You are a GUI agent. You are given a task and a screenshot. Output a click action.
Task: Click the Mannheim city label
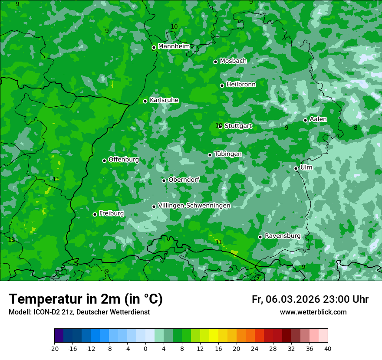(x=174, y=46)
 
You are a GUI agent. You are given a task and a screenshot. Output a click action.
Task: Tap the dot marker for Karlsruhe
(x=145, y=101)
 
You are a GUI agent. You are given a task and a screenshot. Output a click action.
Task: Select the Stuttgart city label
(x=238, y=126)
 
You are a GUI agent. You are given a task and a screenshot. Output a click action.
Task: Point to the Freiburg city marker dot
(x=95, y=214)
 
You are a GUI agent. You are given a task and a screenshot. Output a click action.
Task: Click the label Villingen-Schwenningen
(x=194, y=206)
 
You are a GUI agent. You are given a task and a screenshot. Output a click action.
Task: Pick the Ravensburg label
(x=283, y=236)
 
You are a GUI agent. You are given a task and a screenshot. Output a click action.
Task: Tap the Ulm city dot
(x=296, y=168)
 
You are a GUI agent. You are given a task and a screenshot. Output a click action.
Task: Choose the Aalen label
(x=318, y=119)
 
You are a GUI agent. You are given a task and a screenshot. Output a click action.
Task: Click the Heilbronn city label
(x=241, y=85)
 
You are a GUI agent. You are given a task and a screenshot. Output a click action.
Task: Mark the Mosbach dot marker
(x=215, y=62)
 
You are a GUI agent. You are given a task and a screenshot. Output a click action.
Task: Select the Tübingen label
(x=228, y=154)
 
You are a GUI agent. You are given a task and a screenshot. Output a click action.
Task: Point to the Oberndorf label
(x=184, y=180)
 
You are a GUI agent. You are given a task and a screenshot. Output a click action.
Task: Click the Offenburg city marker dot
(x=104, y=160)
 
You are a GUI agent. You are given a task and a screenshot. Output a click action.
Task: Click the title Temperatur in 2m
(x=86, y=299)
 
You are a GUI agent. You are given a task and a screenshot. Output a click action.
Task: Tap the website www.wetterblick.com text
(x=313, y=312)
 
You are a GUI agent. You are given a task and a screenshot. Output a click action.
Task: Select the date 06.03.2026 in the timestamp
(x=293, y=299)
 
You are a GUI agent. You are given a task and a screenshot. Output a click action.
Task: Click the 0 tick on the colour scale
(x=145, y=348)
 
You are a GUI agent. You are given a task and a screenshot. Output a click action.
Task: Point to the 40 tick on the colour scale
(x=327, y=348)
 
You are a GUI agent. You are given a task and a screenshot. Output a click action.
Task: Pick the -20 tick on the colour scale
(x=54, y=348)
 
